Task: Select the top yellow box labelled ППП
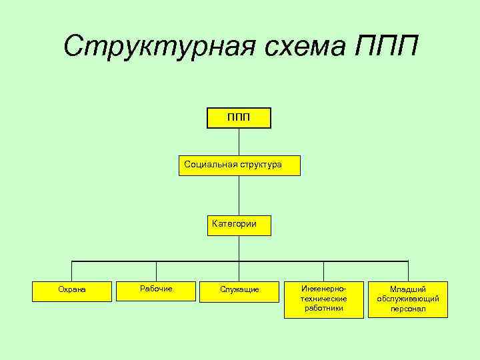239,117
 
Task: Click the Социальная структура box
239,165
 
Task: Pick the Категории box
239,225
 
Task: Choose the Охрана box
72,291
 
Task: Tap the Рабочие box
156,289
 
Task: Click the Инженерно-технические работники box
323,299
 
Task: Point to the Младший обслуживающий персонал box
407,299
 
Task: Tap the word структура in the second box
261,164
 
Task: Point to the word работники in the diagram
323,309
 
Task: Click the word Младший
407,289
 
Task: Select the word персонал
407,309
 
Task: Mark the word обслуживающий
407,299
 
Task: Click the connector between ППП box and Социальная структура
239,141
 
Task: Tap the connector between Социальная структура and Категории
239,195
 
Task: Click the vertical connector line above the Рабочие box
156,270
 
